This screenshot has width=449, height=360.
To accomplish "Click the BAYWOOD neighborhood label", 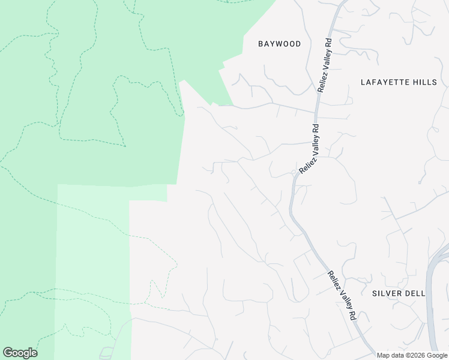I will tap(279, 44).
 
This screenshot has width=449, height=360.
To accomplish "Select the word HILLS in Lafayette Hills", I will tap(426, 82).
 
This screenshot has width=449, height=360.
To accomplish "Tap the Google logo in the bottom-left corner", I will tap(20, 353).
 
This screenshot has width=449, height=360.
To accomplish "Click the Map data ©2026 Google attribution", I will tap(412, 355).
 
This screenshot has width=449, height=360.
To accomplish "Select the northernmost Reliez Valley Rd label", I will tap(325, 65).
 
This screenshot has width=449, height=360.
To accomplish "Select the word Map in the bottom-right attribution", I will tap(384, 355).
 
